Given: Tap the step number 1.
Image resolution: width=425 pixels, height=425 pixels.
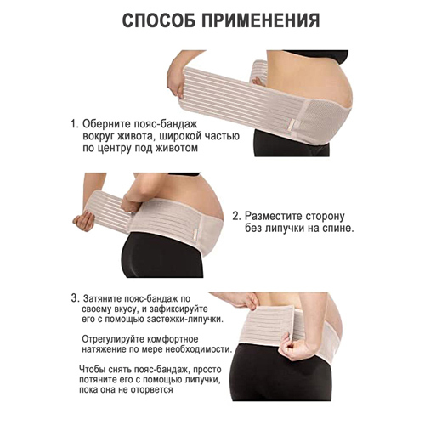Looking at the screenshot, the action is pyautogui.click(x=74, y=124).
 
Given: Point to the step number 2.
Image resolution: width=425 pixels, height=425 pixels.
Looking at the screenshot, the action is pyautogui.click(x=236, y=216).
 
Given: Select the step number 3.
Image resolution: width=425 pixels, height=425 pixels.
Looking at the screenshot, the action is pyautogui.click(x=74, y=298).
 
